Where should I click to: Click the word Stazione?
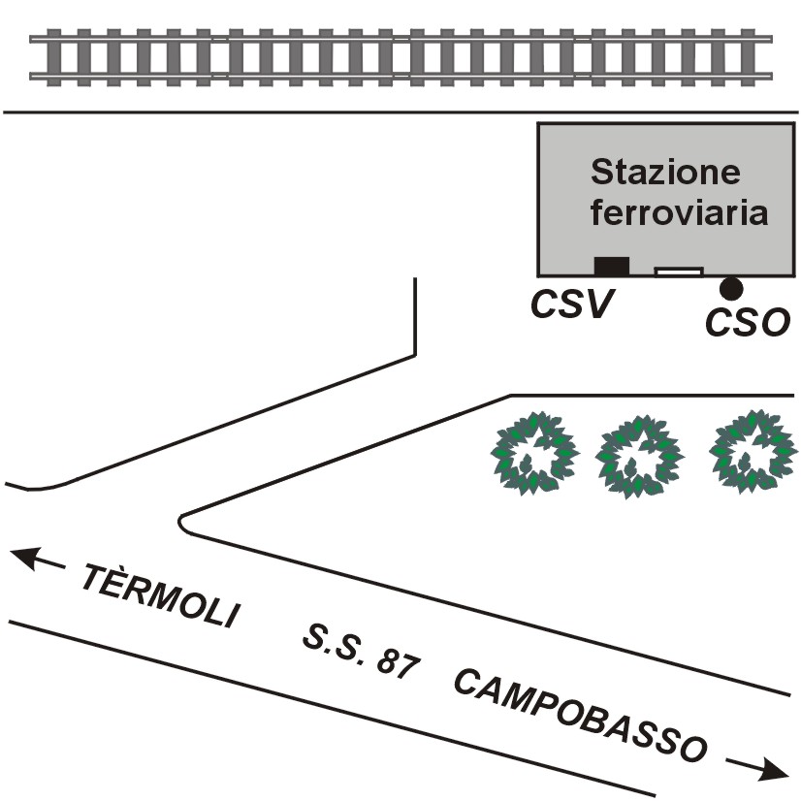tap(665, 174)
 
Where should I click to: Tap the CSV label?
tap(573, 305)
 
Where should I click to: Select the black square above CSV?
tap(611, 266)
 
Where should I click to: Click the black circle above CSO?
tap(731, 288)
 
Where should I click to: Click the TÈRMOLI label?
tap(159, 596)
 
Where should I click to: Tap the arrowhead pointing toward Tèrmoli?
tap(23, 559)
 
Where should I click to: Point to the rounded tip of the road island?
tap(185, 522)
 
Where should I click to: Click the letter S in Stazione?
tap(603, 173)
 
